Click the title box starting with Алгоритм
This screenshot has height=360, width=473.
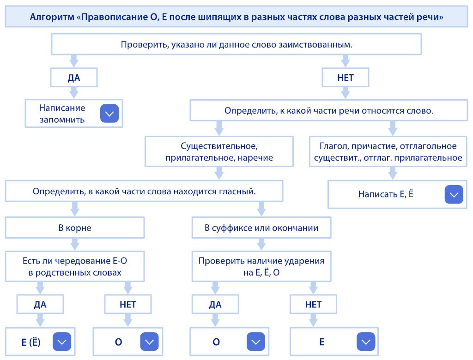coord(236,18)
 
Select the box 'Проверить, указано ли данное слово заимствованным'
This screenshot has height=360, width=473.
coord(236,45)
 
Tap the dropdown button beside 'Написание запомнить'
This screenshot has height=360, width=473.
coord(109,114)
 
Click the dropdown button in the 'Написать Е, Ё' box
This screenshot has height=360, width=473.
coord(454,194)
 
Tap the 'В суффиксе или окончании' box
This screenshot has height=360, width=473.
coord(261,228)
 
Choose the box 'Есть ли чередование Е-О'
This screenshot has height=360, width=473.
coord(75,267)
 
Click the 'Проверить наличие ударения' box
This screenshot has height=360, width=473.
coord(261,267)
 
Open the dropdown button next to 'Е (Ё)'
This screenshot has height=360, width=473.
coord(62,342)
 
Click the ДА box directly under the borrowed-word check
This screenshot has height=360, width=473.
coord(74,78)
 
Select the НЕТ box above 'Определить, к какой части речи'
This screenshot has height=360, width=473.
coord(345,78)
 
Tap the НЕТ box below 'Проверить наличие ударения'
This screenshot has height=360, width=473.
coord(313,305)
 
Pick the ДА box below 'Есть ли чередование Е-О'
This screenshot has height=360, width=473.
coord(40,305)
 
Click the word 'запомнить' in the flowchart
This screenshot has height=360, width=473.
coord(62,120)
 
